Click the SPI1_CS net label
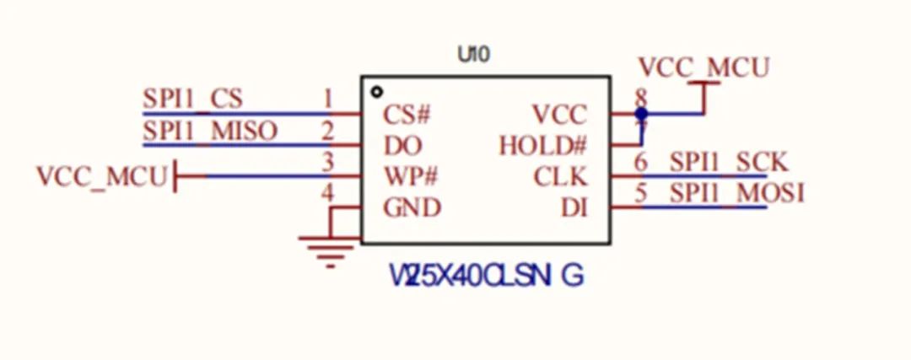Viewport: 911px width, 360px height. [192, 99]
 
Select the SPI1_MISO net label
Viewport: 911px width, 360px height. [209, 132]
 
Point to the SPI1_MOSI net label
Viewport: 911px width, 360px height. [736, 194]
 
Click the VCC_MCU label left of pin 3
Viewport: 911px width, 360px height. [101, 177]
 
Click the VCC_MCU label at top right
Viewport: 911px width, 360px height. [703, 67]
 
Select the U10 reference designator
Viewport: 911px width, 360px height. [473, 56]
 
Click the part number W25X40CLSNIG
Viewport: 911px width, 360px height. [485, 276]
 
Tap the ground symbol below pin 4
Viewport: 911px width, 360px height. [327, 249]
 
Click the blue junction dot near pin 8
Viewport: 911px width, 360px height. [641, 112]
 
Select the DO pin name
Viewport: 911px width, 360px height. [402, 145]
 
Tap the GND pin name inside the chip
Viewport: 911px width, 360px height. [412, 207]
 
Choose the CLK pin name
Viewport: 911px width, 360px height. [560, 177]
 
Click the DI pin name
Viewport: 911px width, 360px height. [574, 207]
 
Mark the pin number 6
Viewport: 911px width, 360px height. [641, 162]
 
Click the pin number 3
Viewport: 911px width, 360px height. [328, 162]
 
